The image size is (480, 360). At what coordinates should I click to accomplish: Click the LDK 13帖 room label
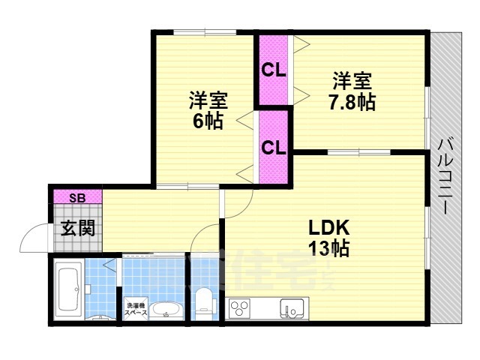click(x=328, y=238)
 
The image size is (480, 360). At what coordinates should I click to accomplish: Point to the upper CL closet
click(x=274, y=70)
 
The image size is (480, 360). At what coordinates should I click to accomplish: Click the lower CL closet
click(x=274, y=147)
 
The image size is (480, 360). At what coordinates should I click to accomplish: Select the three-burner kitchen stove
click(x=241, y=308)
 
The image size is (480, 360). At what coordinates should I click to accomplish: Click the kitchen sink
click(x=293, y=307)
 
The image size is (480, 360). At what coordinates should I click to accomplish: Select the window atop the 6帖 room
click(x=204, y=31)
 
